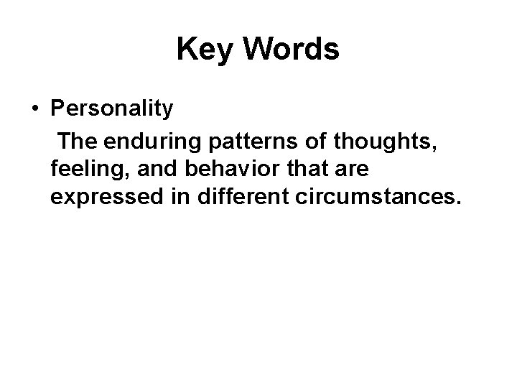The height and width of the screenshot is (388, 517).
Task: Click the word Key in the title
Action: point(203,49)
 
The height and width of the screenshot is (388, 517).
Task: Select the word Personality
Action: point(112,108)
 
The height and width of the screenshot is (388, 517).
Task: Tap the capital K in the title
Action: point(186,49)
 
